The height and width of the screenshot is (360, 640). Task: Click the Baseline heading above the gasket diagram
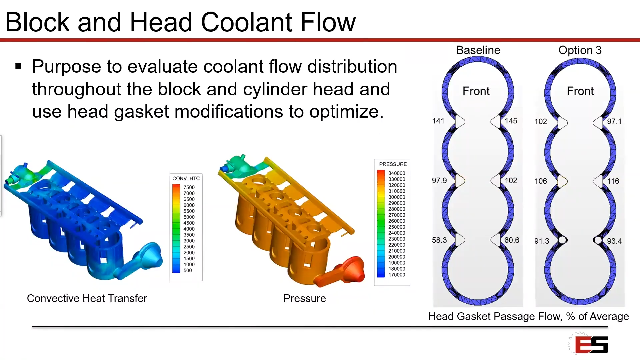[x=478, y=50]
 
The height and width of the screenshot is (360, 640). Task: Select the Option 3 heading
[x=580, y=50]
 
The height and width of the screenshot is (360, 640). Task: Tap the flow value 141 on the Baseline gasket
[x=438, y=121]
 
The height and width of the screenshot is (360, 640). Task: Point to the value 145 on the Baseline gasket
[x=511, y=121]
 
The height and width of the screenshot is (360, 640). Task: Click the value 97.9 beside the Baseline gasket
[x=439, y=180]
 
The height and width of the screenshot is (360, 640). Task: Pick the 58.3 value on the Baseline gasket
[x=439, y=240]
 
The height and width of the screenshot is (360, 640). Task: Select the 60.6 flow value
[x=512, y=240]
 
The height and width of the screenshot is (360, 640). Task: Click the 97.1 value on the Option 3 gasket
[x=614, y=121]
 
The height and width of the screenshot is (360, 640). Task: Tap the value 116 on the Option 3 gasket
[x=613, y=181]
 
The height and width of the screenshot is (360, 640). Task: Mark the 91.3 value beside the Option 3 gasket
[x=542, y=241]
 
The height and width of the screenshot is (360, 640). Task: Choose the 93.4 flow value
[x=614, y=241]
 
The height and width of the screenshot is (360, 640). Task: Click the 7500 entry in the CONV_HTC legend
[x=189, y=187]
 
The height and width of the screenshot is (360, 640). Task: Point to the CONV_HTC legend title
[x=186, y=178]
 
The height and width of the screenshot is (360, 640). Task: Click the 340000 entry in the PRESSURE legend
[x=397, y=173]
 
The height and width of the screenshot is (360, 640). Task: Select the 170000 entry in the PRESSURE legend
[x=397, y=275]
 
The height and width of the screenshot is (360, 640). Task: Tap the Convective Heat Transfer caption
[x=87, y=298]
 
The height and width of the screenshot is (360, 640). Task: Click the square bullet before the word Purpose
[x=18, y=66]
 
